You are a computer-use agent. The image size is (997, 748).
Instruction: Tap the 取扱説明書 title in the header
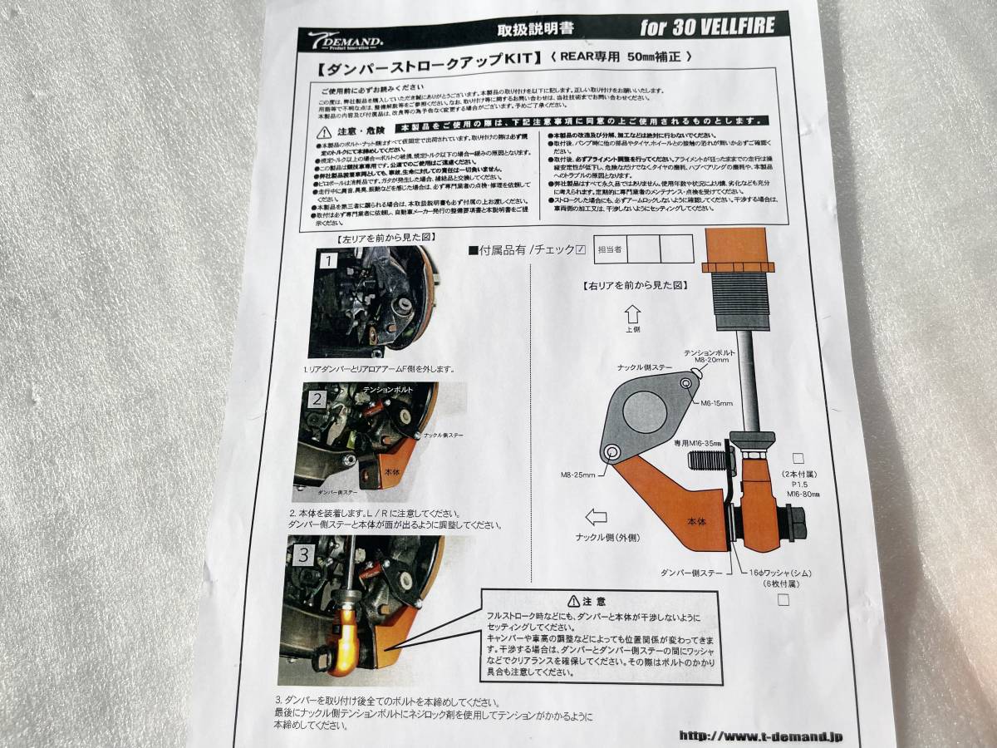[523, 31]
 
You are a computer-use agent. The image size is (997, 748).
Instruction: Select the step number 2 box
[317, 398]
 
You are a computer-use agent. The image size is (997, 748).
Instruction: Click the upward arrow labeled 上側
[629, 314]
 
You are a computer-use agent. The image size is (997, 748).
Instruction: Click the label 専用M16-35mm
[696, 445]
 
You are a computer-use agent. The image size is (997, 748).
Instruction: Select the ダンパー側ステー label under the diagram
[684, 573]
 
